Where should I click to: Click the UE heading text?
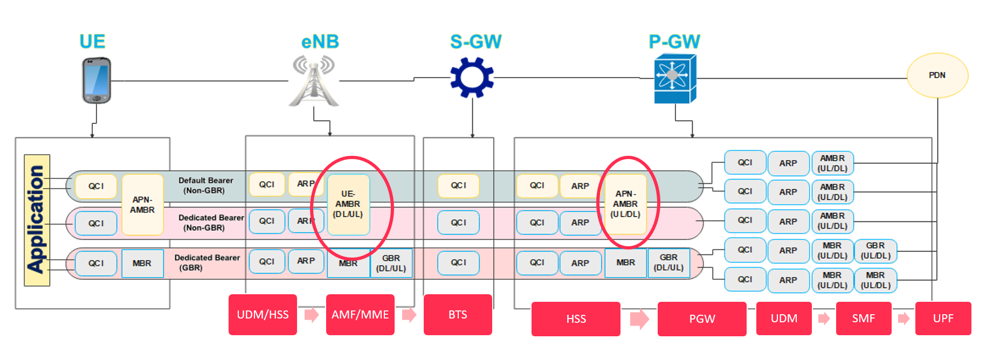point(92,41)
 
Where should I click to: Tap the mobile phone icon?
point(96,80)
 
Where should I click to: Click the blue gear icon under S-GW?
point(472,77)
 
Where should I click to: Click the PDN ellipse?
point(937,75)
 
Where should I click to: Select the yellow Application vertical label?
point(37,220)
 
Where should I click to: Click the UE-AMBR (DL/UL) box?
point(348,204)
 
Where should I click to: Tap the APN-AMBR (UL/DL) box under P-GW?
point(625,204)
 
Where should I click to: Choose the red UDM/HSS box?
point(263,315)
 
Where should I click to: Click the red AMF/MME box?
point(360,315)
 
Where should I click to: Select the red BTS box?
point(458,315)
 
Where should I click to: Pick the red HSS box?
point(576,319)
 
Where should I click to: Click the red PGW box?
point(702,319)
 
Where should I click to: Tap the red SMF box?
point(863,319)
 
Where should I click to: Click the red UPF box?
point(943,319)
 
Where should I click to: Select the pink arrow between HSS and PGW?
point(639,319)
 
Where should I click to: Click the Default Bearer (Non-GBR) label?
point(206,185)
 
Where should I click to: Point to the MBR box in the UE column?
point(142,264)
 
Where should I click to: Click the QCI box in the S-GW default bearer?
point(458,185)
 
